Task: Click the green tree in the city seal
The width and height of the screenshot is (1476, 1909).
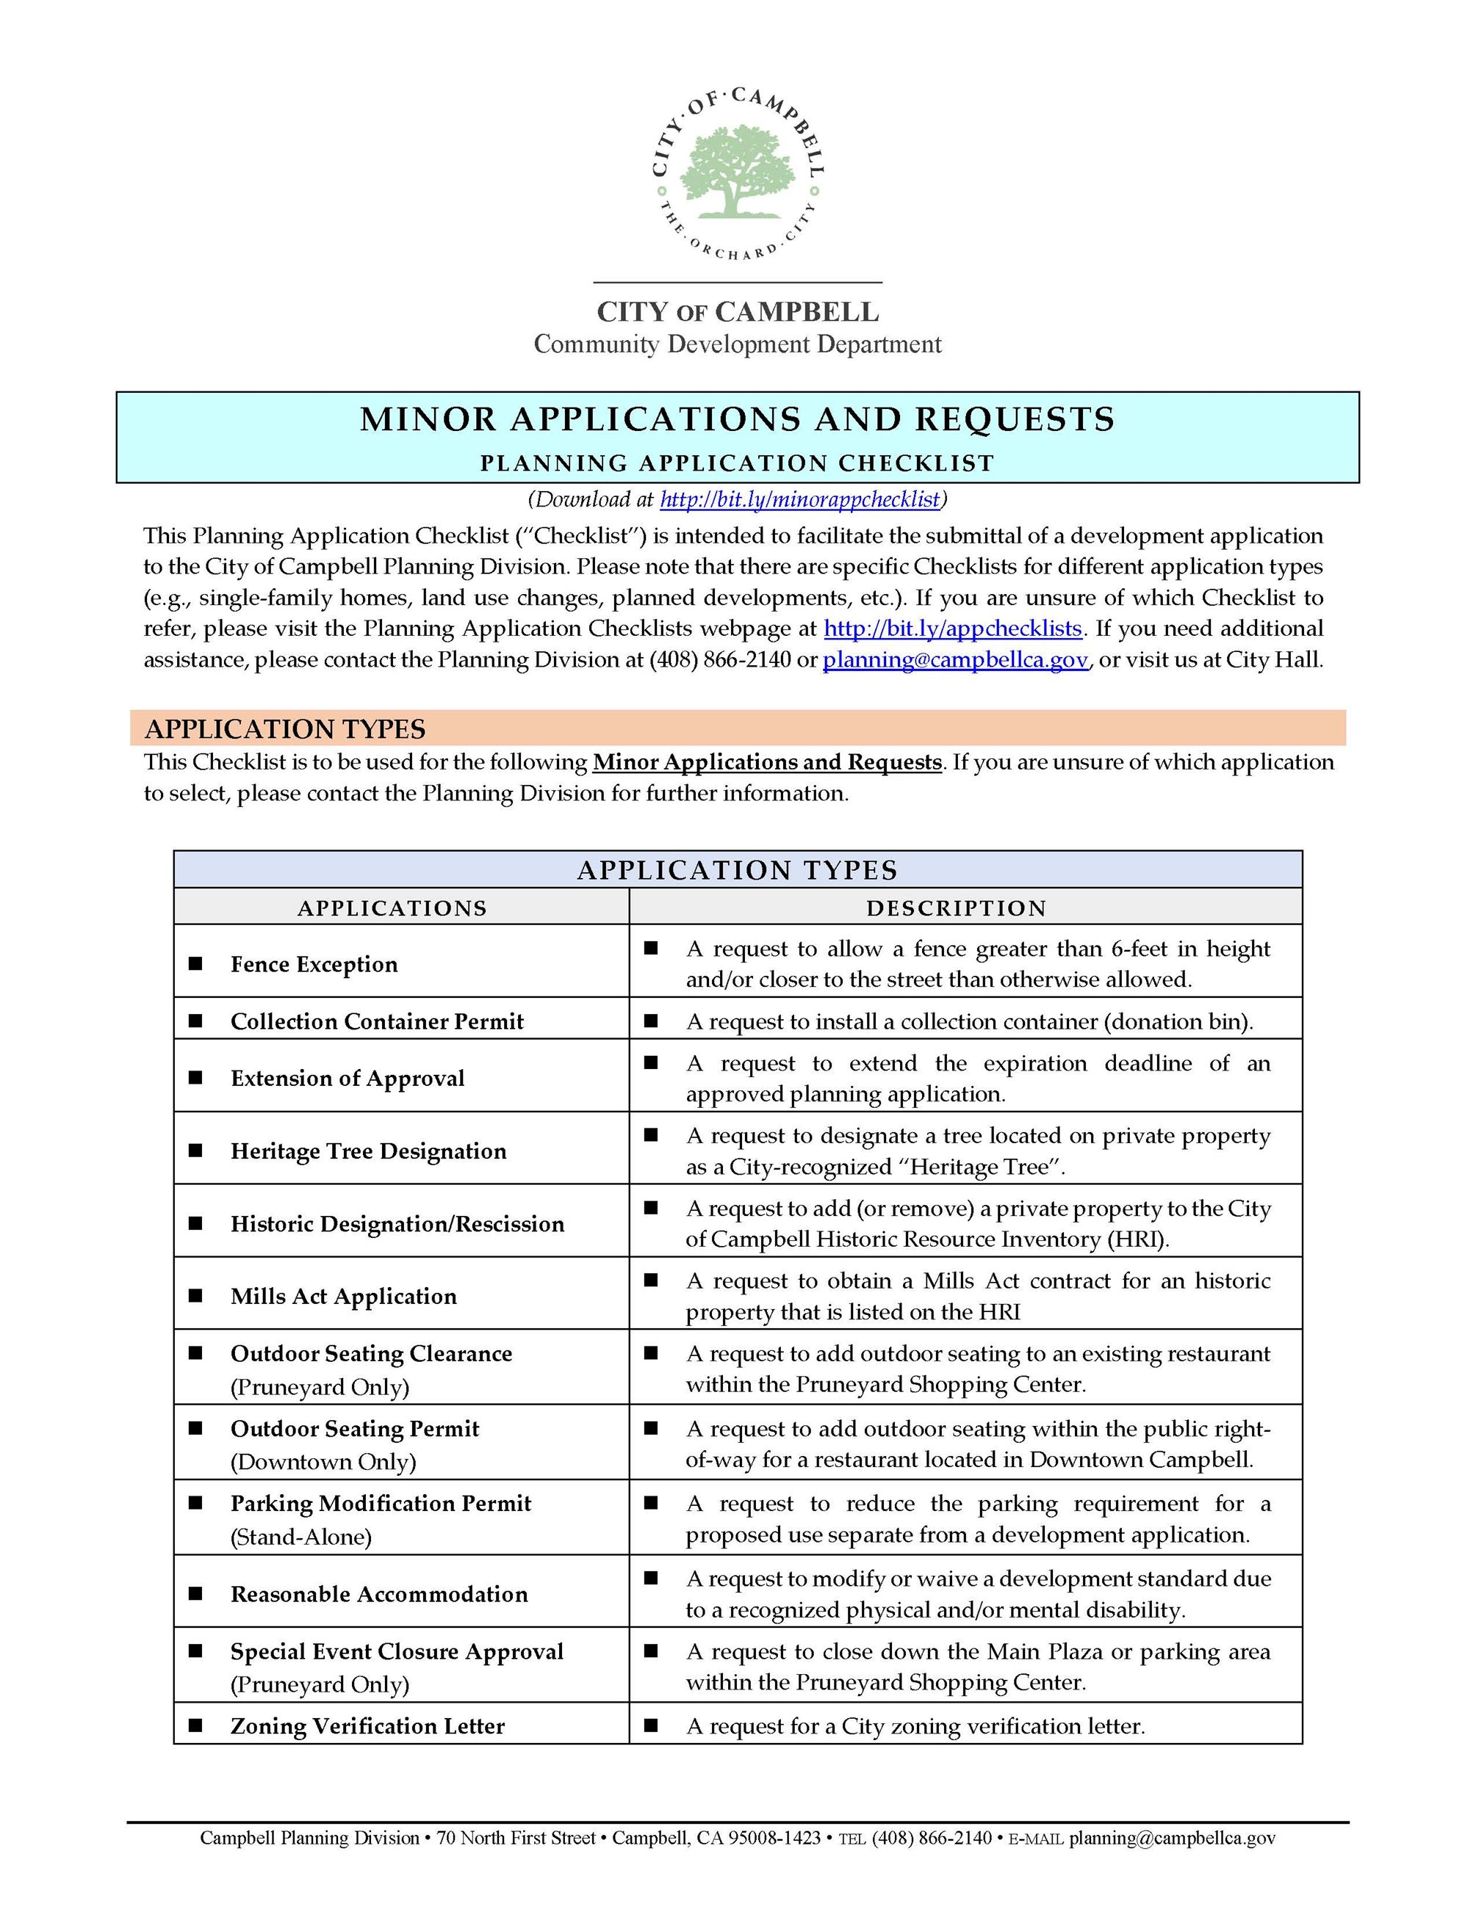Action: tap(737, 171)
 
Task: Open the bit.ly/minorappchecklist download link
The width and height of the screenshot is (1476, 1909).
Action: tap(799, 499)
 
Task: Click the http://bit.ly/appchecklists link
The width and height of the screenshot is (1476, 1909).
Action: tap(952, 629)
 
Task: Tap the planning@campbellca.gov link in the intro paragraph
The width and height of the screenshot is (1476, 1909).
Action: tap(955, 660)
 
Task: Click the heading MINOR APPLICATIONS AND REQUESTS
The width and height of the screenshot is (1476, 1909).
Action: tap(737, 419)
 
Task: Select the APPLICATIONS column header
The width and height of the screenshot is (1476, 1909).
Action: tap(392, 908)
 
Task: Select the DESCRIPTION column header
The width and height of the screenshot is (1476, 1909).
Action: tap(956, 908)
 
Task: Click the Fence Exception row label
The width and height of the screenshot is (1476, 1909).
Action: tap(314, 964)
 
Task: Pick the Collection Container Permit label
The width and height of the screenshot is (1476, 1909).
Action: tap(377, 1022)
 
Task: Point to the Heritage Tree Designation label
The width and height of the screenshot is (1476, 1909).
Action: tap(368, 1151)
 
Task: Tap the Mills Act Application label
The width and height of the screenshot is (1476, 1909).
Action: tap(344, 1296)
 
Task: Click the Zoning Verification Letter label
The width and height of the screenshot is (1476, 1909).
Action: tap(367, 1726)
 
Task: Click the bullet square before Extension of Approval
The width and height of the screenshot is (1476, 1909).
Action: tap(196, 1079)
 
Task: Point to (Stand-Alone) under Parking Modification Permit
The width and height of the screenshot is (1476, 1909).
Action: tap(300, 1537)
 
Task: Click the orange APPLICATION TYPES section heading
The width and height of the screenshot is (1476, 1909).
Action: tap(285, 728)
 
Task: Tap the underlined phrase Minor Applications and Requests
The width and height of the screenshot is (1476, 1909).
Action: tap(767, 762)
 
